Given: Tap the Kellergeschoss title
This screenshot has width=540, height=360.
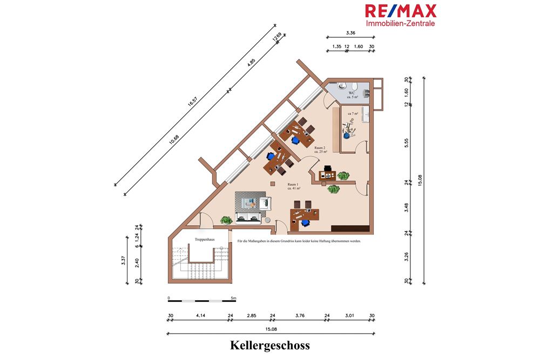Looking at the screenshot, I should (270, 344).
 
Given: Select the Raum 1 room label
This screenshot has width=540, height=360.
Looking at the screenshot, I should (293, 186).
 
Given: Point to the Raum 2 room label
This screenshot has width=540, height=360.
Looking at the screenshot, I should (321, 150).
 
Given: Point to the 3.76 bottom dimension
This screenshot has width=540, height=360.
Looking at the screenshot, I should (300, 315).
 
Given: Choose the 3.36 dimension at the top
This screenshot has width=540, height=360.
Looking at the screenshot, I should (351, 33).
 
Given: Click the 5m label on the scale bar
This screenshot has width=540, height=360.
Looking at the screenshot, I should (233, 297).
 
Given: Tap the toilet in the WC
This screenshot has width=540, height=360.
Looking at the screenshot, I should (341, 86).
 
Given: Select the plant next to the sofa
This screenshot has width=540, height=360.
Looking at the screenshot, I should (226, 220).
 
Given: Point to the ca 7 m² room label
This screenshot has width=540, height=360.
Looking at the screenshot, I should (354, 113).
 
